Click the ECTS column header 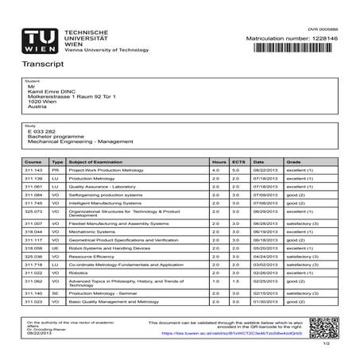click(x=236, y=161)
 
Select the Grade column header click(x=293, y=161)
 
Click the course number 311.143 click(x=33, y=170)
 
